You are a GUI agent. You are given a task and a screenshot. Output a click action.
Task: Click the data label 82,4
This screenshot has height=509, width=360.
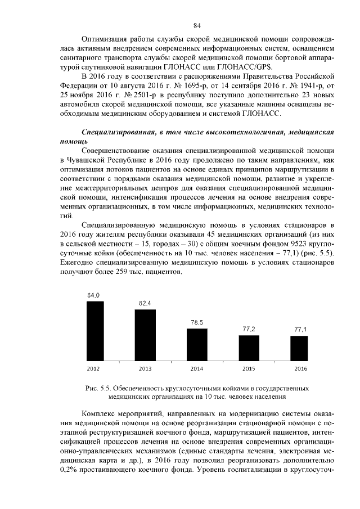coord(145,303)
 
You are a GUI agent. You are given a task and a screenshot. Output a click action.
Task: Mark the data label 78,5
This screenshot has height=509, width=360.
coord(196,322)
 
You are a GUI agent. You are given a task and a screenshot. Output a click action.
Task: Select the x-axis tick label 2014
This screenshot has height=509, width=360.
coord(196,368)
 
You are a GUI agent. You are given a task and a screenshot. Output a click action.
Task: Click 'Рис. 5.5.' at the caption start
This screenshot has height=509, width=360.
coord(97,388)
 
